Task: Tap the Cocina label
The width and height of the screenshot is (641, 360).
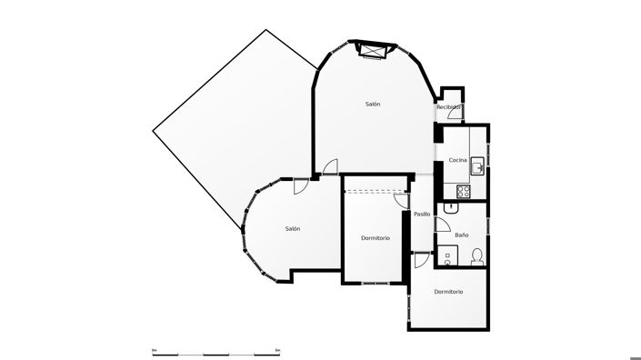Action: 457,160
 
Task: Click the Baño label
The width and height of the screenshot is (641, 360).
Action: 462,235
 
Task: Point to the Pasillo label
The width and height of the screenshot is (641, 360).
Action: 422,214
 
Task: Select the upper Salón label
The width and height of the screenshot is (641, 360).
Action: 373,105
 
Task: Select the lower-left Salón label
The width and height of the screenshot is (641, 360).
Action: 292,228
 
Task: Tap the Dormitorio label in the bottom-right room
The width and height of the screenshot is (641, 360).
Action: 448,292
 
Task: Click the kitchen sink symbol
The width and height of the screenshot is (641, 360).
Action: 477,164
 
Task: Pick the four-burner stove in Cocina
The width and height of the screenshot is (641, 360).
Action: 463,191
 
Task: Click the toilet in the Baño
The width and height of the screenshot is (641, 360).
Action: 476,255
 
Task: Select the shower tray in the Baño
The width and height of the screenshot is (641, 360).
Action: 446,255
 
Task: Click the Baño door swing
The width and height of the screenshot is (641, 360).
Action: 444,226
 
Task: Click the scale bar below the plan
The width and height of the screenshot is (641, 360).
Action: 215,354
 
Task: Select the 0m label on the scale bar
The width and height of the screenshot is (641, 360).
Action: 155,349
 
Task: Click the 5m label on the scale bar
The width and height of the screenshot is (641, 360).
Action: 277,349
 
